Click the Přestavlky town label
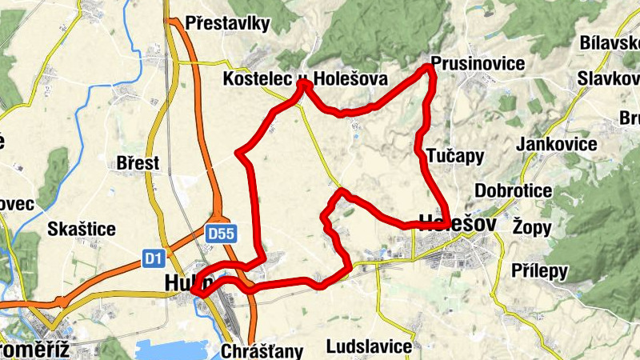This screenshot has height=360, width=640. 227,24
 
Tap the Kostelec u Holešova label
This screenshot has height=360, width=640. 306,79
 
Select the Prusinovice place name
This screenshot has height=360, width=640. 477,63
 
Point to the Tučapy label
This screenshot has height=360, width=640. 455,155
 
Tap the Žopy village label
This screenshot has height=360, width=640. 532,227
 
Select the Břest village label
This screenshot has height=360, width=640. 138,163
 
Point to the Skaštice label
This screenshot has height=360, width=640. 82,230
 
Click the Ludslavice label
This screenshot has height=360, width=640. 369,346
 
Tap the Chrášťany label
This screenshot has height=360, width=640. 261,350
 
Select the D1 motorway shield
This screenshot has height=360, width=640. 154,258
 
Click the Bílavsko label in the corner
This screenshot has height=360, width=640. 610,42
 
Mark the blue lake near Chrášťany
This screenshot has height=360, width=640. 176,350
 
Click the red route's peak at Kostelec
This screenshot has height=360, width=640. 303,82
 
